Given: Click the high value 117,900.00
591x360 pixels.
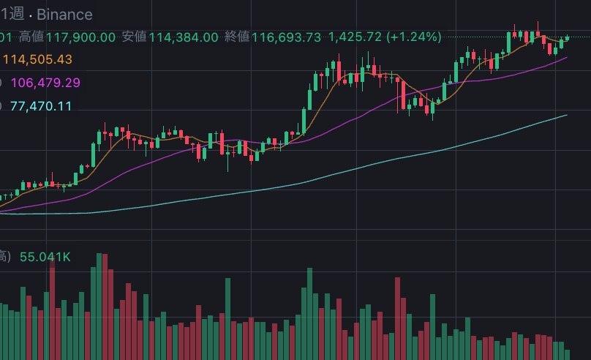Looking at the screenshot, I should (x=80, y=37).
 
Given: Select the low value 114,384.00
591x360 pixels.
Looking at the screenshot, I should (x=184, y=37).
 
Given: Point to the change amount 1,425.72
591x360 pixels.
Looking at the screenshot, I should (x=355, y=37).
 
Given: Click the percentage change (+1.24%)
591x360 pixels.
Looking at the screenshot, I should (x=414, y=37).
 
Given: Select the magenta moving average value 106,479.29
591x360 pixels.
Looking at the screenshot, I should (x=45, y=83).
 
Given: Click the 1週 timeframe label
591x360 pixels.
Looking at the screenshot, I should (x=12, y=15).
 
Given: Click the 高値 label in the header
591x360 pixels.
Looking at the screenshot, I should (x=31, y=37).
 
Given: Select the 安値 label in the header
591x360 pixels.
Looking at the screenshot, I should (x=135, y=37).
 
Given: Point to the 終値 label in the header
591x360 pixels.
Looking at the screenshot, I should (x=238, y=37).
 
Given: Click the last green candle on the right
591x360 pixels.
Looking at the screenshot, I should (x=567, y=38).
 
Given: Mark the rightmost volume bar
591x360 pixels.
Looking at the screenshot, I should (x=567, y=353).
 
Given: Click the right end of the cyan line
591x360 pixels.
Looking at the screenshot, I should (x=567, y=115).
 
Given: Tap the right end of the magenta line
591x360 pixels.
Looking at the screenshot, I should (x=567, y=57).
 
